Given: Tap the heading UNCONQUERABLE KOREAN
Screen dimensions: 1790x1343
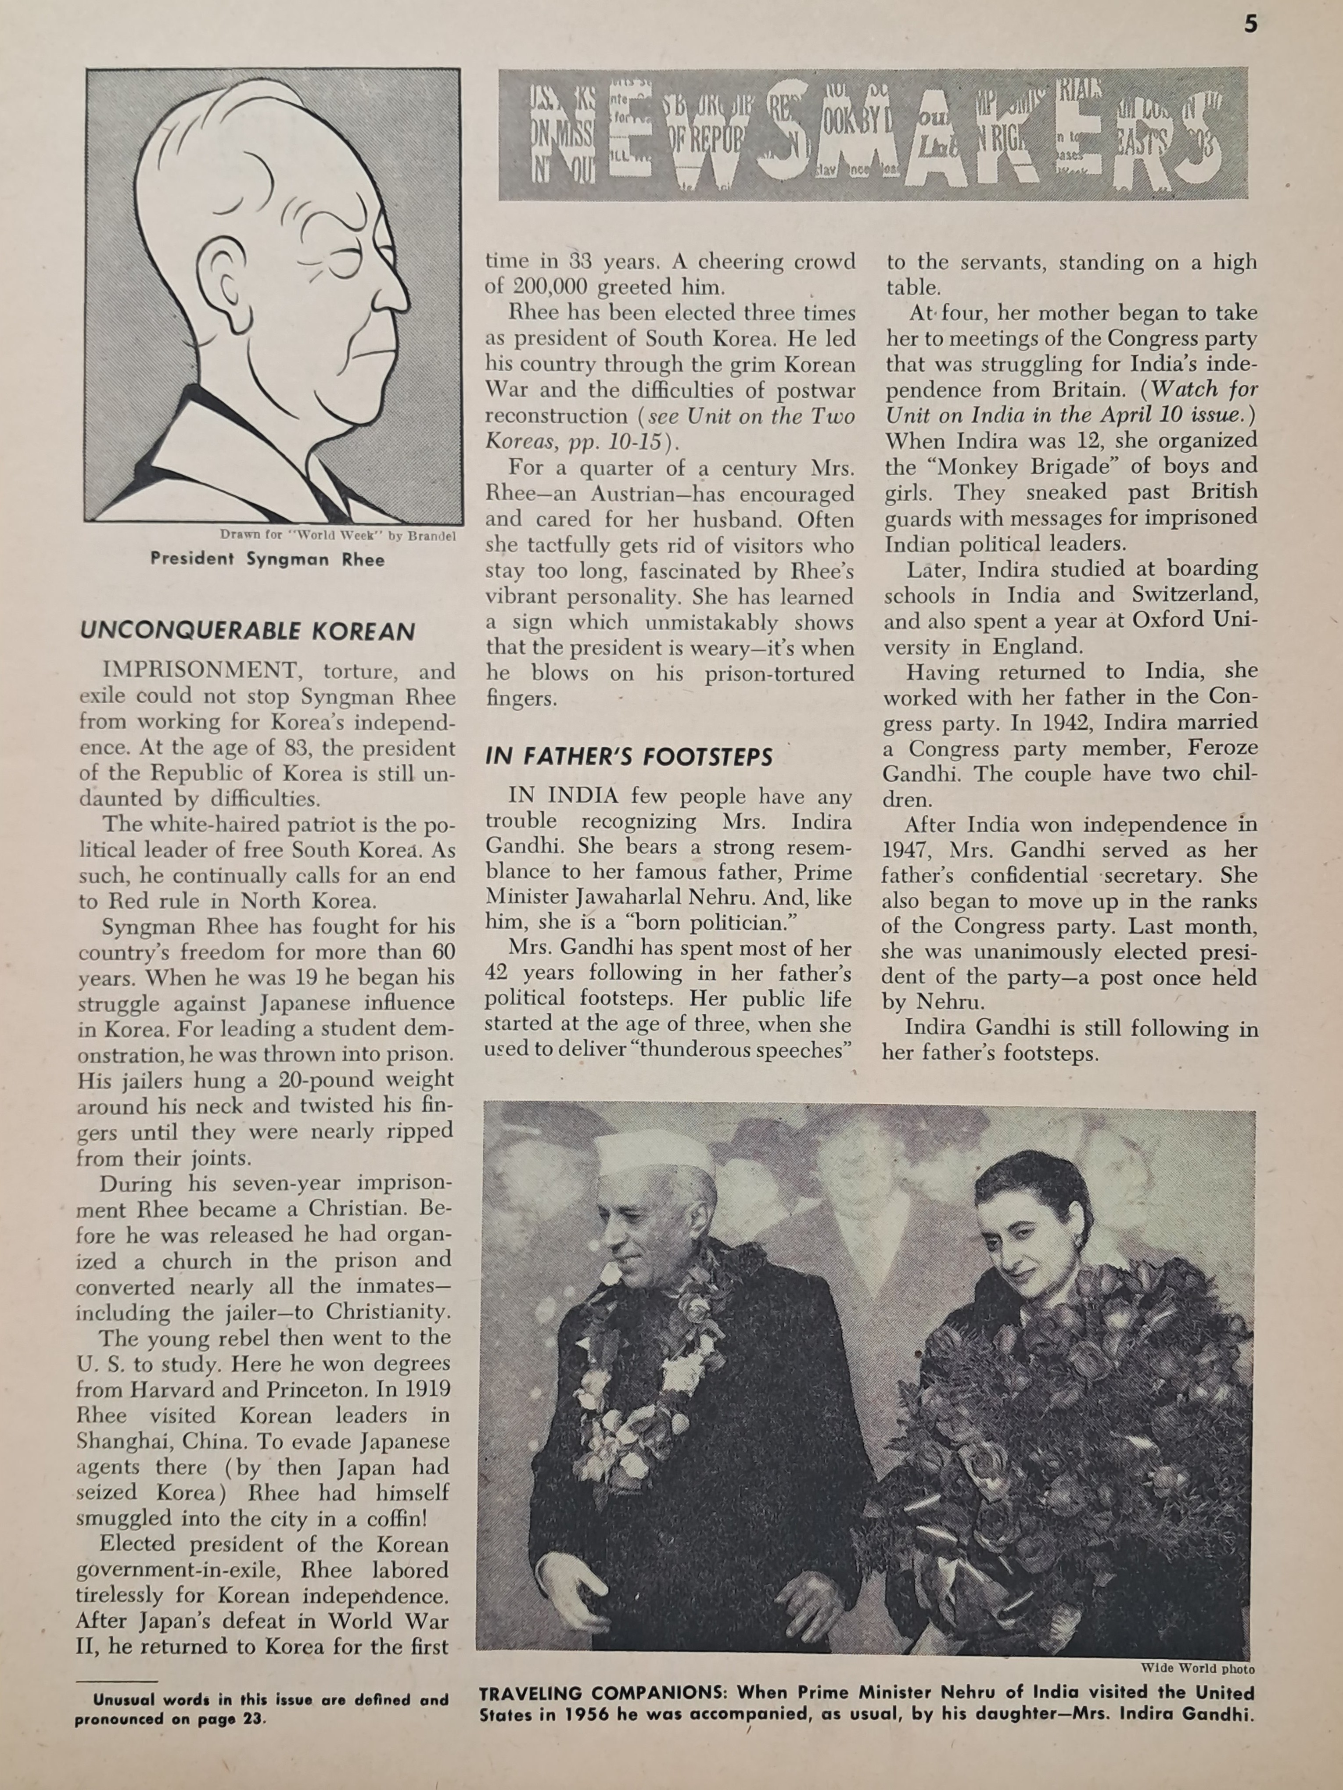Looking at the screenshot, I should (x=248, y=631).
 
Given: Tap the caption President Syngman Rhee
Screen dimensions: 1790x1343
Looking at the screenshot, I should (x=267, y=559).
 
